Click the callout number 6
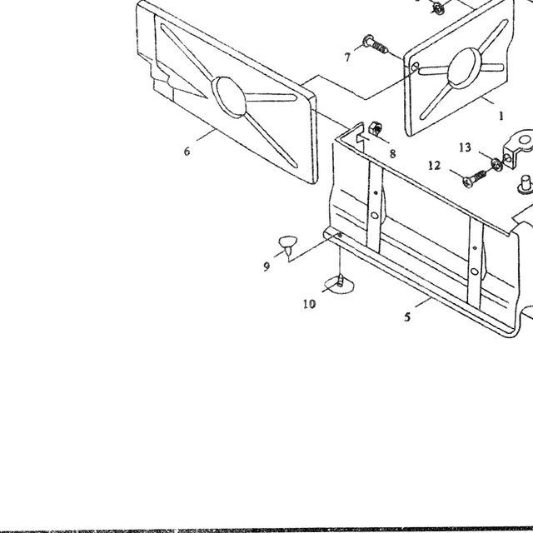(187, 152)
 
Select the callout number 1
(501, 117)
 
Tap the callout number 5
(407, 317)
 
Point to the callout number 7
(347, 57)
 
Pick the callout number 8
(392, 154)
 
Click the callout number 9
(266, 266)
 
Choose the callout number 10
(309, 304)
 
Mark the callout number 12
(435, 166)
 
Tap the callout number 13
(465, 147)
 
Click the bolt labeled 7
(376, 44)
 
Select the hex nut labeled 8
(375, 127)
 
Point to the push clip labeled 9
(287, 246)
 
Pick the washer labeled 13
(496, 165)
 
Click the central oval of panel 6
(229, 97)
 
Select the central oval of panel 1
(465, 67)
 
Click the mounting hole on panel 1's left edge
(415, 67)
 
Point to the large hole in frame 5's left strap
(375, 216)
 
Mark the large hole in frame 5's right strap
(475, 271)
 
